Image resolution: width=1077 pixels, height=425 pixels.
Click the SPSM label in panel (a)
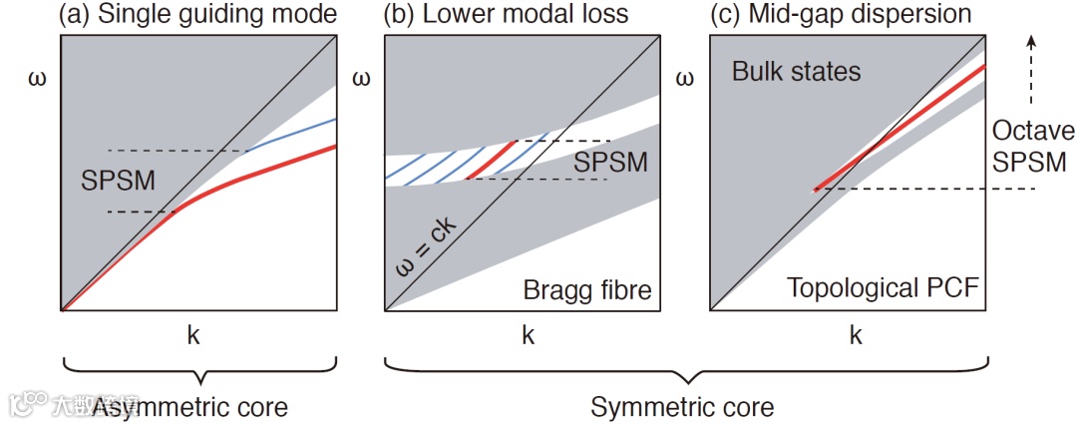point(110,183)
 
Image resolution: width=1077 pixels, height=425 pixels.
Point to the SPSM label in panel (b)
point(611,162)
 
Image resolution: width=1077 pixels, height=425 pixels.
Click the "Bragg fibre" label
point(586,291)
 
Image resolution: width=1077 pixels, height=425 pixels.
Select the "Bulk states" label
point(796,72)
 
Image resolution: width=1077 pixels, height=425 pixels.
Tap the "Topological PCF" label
point(880,290)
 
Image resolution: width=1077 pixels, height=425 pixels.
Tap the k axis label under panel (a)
point(193,336)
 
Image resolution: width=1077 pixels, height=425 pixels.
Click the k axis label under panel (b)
point(526,336)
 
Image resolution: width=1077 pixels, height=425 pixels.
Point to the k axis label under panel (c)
point(855,336)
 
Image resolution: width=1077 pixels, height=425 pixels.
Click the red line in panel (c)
point(897,128)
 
